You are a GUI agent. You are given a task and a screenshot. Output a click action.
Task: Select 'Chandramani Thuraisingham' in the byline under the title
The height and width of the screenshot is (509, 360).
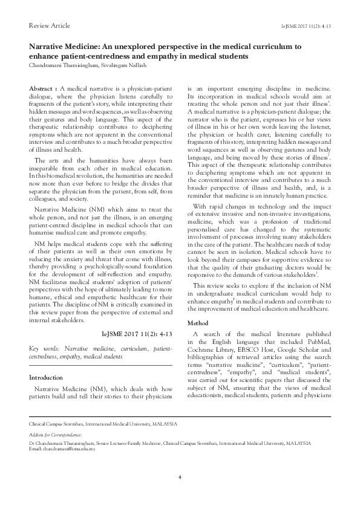(65, 65)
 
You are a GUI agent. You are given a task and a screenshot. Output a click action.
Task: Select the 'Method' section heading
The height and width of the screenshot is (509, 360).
(198, 323)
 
